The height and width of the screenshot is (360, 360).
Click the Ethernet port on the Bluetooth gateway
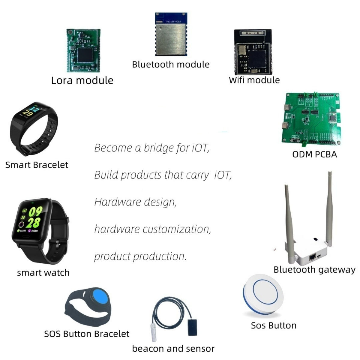tap(313, 257)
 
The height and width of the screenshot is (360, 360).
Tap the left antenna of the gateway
tap(289, 219)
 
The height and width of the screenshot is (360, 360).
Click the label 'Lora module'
tap(82, 80)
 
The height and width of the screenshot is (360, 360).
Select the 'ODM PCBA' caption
tap(314, 154)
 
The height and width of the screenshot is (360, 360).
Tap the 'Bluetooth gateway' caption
tap(314, 270)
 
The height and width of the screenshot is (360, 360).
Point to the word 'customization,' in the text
tap(177, 229)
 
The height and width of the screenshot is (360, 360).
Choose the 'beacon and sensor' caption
tap(173, 349)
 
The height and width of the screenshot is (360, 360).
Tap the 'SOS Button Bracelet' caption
tap(87, 334)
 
